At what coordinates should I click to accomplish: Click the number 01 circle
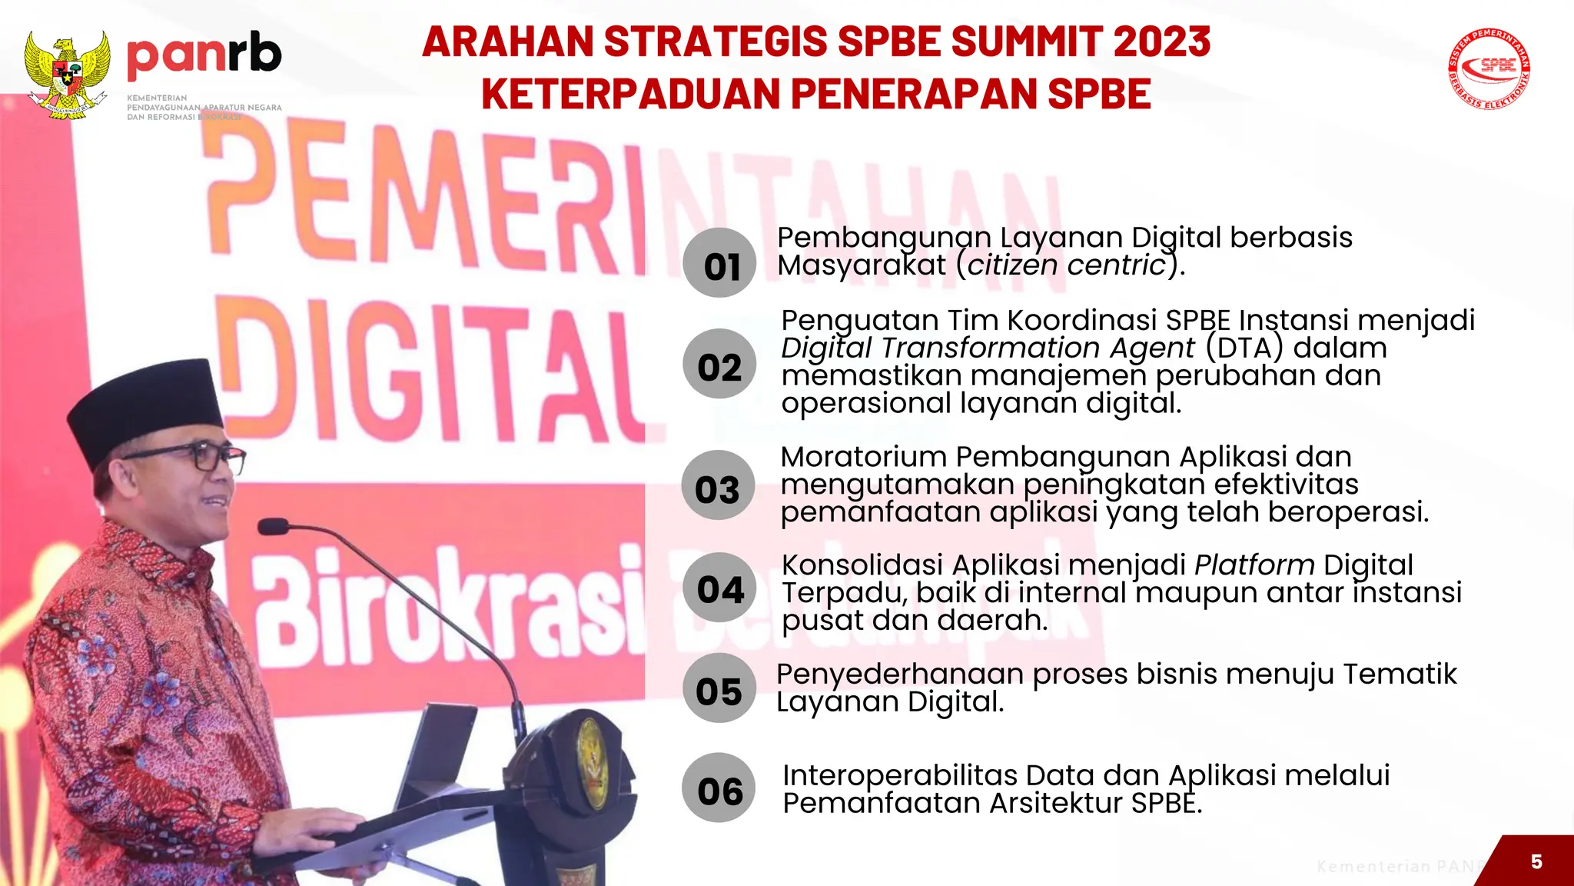pos(719,263)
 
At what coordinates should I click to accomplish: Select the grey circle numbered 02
pos(719,364)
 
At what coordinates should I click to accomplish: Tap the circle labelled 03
pos(717,485)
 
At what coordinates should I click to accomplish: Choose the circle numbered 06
pos(719,788)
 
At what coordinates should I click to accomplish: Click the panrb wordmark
pos(204,55)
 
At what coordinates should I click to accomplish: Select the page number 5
pos(1536,861)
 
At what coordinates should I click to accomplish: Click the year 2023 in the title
pos(1161,42)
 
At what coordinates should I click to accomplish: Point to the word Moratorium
pos(863,457)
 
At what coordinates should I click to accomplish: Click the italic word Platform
pos(1254,565)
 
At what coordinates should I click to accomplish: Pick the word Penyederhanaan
pos(900,674)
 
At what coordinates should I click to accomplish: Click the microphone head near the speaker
pos(272,527)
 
